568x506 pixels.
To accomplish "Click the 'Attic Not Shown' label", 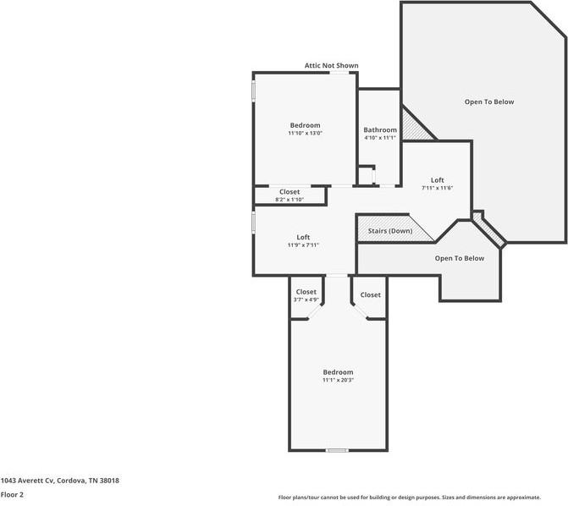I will tap(331, 65).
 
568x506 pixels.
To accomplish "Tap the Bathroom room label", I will tap(380, 129).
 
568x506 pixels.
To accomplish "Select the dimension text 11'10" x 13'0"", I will tap(305, 133).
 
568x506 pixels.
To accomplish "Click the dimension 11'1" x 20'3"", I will tap(338, 380).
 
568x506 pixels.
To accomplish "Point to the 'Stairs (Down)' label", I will tap(390, 231).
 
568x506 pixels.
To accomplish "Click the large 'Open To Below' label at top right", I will tap(488, 102).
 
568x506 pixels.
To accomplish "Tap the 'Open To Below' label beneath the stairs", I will tap(460, 258).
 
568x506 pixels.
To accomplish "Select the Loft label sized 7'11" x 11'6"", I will tap(437, 179).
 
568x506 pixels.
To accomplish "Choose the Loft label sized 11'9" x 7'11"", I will tap(303, 237).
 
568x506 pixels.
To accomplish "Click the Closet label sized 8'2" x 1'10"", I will tap(289, 192).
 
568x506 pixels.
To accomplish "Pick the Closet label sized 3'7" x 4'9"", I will tap(306, 292).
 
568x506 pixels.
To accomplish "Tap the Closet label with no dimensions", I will tap(370, 294).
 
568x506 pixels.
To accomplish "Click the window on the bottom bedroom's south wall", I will tap(337, 450).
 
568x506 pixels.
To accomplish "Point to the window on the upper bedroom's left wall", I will tap(253, 91).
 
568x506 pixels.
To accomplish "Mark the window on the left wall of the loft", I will tap(253, 222).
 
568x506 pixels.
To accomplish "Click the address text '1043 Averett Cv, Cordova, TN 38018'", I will tap(59, 481).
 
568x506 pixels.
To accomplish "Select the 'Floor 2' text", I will tap(12, 494).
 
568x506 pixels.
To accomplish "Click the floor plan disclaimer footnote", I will tap(410, 498).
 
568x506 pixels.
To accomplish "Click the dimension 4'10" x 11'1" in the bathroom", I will tap(380, 138).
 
